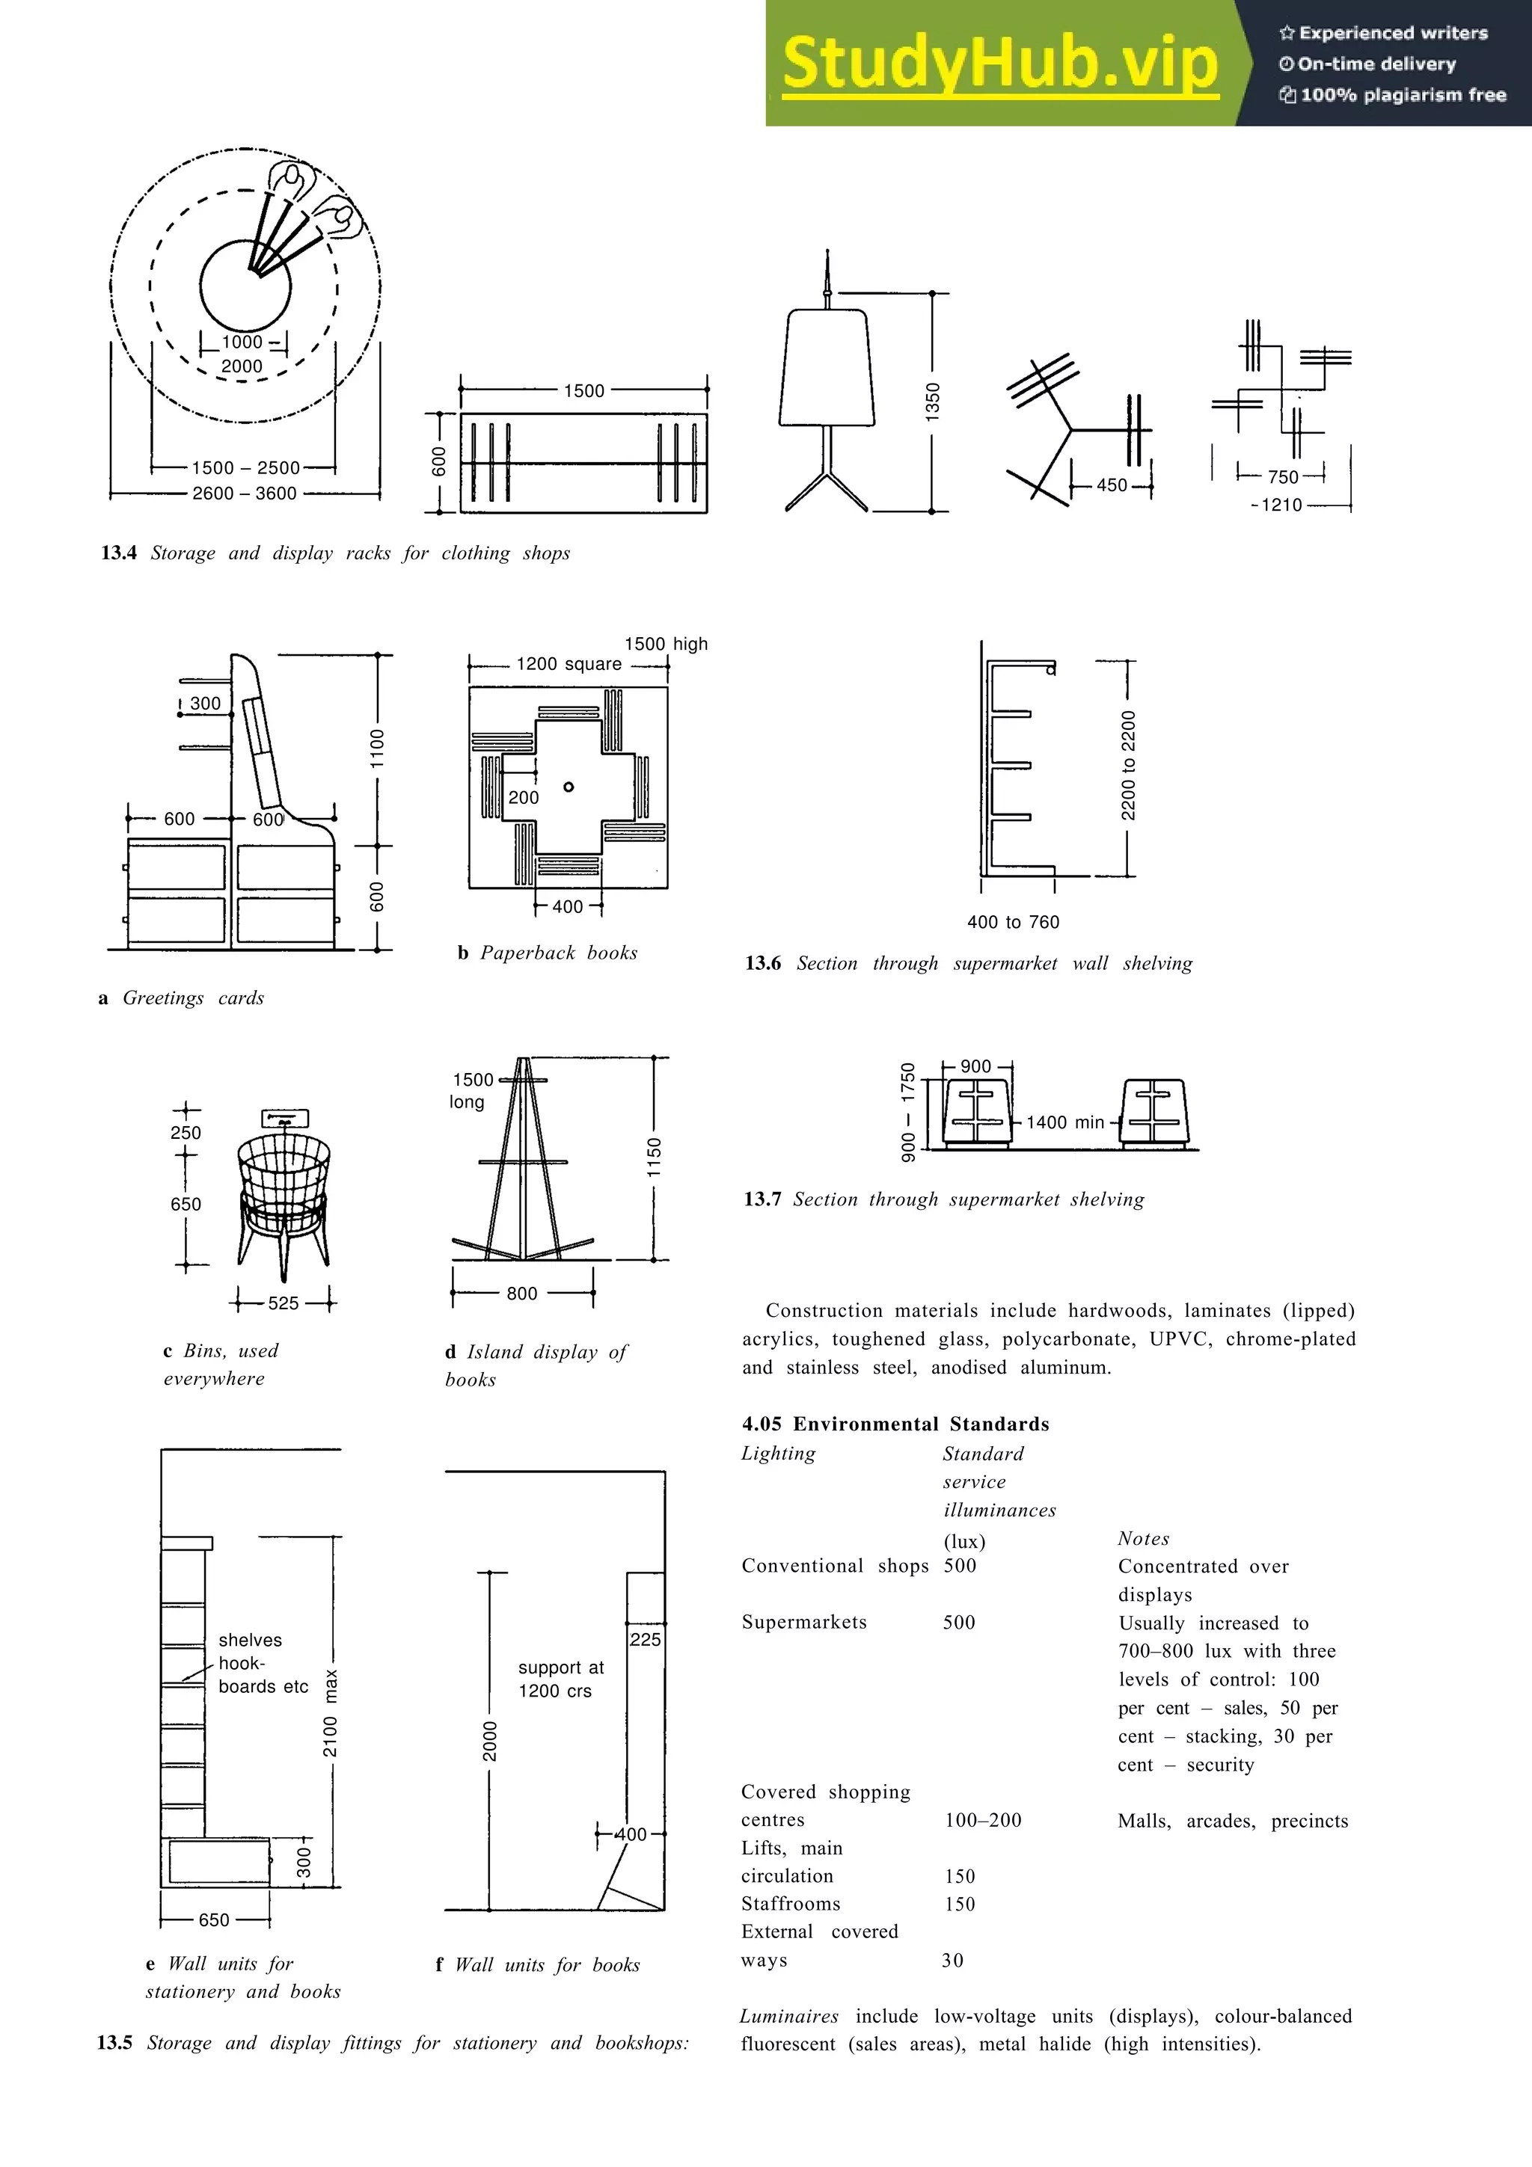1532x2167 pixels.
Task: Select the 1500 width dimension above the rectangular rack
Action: pos(583,391)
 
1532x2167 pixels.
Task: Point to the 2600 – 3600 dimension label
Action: pos(245,494)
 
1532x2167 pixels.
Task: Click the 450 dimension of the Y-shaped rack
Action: pos(1111,485)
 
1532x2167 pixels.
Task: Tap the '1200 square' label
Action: pos(569,665)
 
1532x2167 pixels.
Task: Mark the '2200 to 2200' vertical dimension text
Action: pos(1128,766)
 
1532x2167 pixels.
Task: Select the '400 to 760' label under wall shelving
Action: pos(1013,922)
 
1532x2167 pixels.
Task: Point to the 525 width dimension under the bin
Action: pos(284,1303)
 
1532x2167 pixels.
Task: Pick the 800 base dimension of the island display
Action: pos(522,1294)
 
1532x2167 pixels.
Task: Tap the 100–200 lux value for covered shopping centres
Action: pos(983,1820)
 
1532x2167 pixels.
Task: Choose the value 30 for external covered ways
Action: pos(952,1961)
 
